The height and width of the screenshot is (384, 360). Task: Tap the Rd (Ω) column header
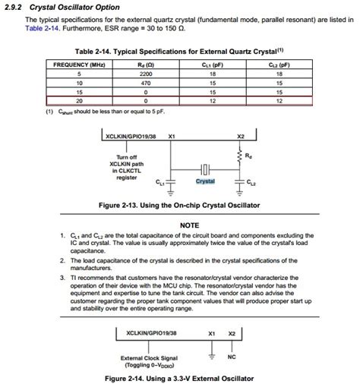145,65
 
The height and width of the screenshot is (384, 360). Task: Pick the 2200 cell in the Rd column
145,74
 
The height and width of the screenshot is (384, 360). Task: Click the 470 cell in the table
145,83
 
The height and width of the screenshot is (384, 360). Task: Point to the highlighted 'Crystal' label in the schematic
205,182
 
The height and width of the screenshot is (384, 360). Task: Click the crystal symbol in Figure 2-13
205,169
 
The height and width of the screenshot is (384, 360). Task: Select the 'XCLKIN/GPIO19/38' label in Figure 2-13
130,137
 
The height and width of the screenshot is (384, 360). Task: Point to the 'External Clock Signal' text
149,357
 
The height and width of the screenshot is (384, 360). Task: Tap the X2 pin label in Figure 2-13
241,137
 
